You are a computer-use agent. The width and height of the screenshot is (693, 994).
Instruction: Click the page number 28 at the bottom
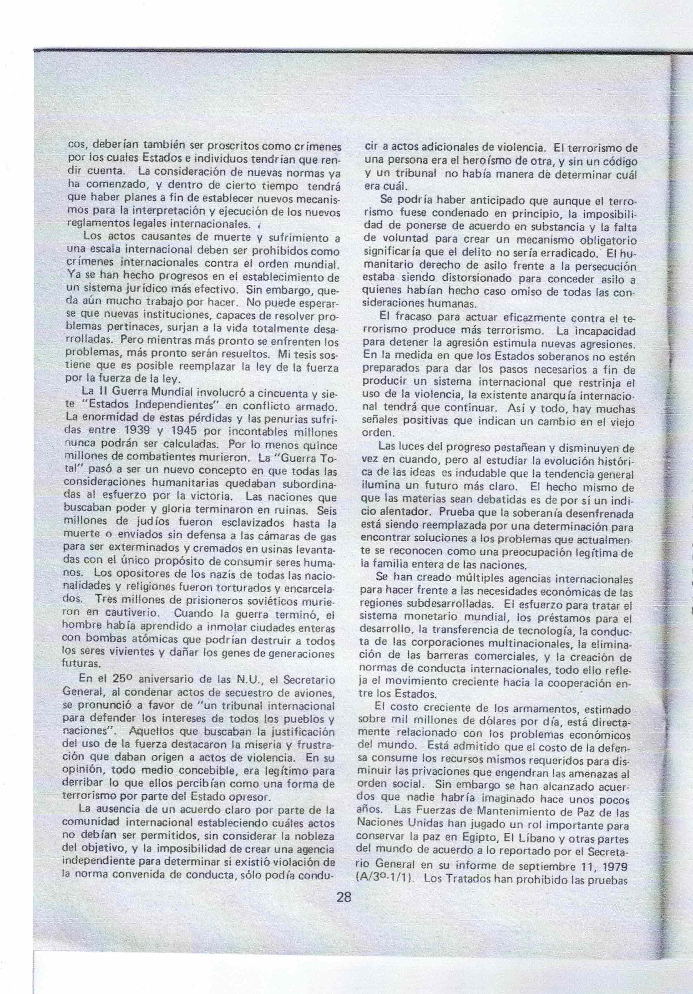344,897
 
